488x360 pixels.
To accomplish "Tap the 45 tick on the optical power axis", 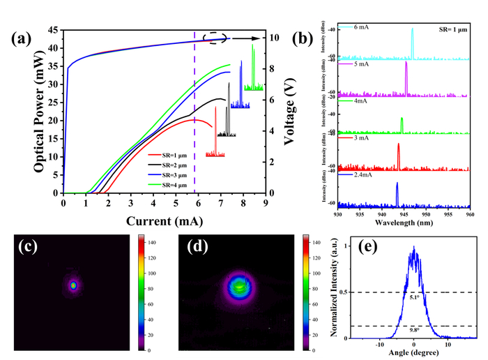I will [53, 31].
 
